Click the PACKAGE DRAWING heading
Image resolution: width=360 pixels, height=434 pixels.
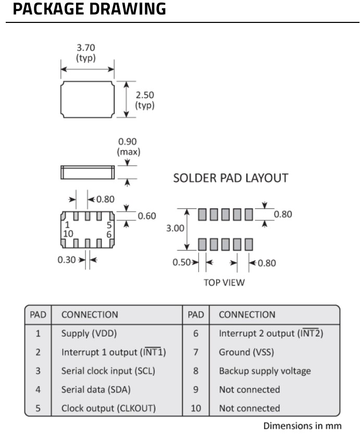tap(89, 9)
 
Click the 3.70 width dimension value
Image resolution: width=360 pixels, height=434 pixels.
tap(86, 47)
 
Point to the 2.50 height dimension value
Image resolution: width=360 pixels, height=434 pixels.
tap(145, 95)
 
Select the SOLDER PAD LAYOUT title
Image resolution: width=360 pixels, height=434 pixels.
tap(230, 178)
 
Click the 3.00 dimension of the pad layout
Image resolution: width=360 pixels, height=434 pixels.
tap(175, 229)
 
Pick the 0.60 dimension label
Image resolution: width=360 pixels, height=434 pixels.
tap(146, 216)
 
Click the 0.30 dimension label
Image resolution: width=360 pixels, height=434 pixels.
tap(67, 259)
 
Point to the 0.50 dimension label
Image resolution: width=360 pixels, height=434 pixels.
tap(182, 262)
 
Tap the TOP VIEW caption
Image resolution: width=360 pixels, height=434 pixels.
tap(224, 283)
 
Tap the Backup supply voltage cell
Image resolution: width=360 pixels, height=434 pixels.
tap(264, 371)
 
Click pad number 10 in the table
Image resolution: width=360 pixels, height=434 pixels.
tap(195, 408)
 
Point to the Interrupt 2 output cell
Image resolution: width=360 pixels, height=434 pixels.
tap(270, 333)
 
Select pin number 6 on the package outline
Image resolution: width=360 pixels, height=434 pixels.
tap(109, 234)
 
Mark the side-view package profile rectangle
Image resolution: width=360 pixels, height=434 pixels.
tap(88, 171)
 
